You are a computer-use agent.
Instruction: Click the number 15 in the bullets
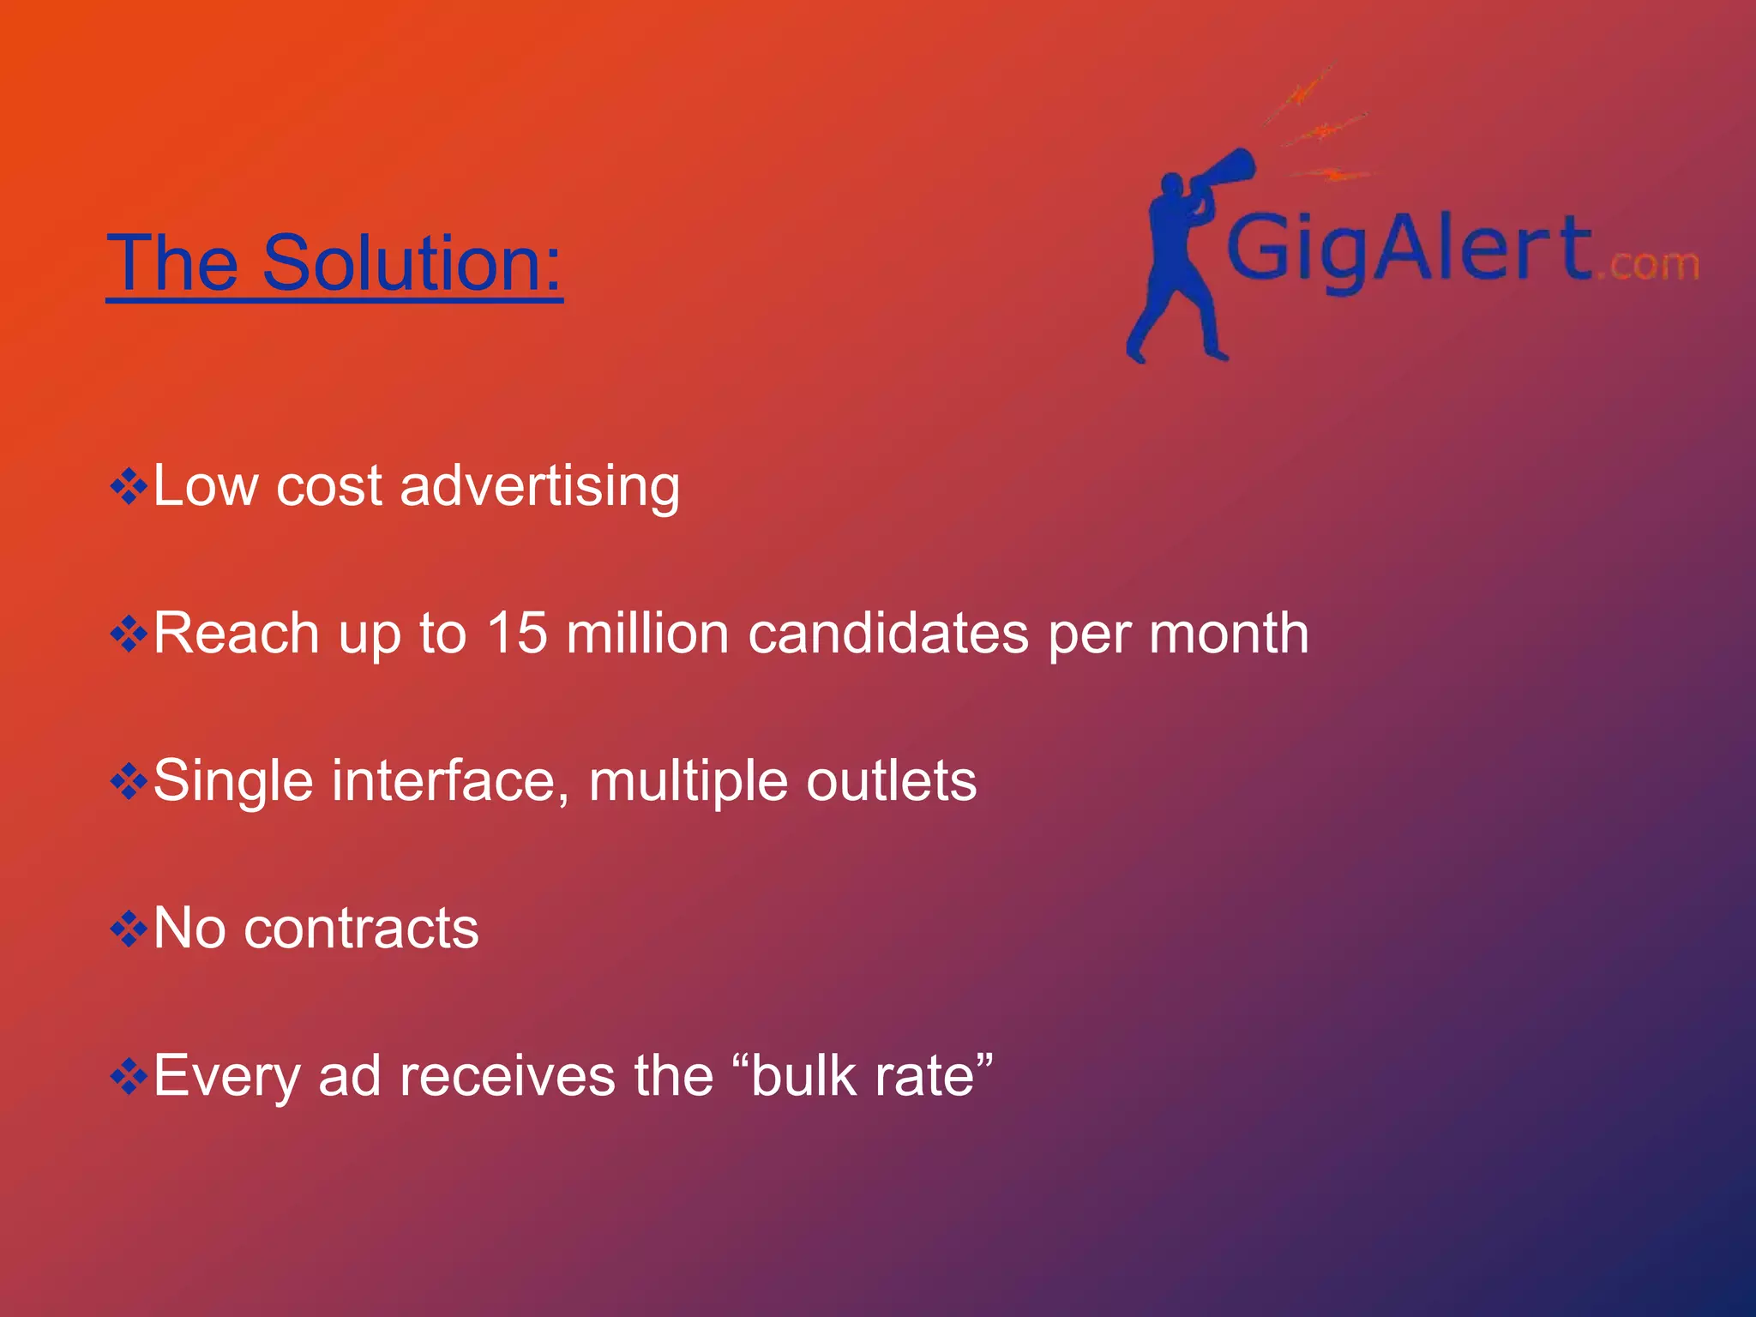[x=516, y=634]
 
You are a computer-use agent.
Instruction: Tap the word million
[x=647, y=634]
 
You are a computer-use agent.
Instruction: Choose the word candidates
[x=888, y=634]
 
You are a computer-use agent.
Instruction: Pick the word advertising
[x=539, y=486]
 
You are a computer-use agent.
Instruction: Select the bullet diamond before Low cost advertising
[x=129, y=487]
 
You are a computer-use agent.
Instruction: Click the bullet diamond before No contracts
[x=129, y=929]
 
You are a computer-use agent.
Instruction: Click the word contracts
[x=361, y=929]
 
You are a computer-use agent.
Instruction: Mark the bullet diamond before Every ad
[x=129, y=1077]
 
